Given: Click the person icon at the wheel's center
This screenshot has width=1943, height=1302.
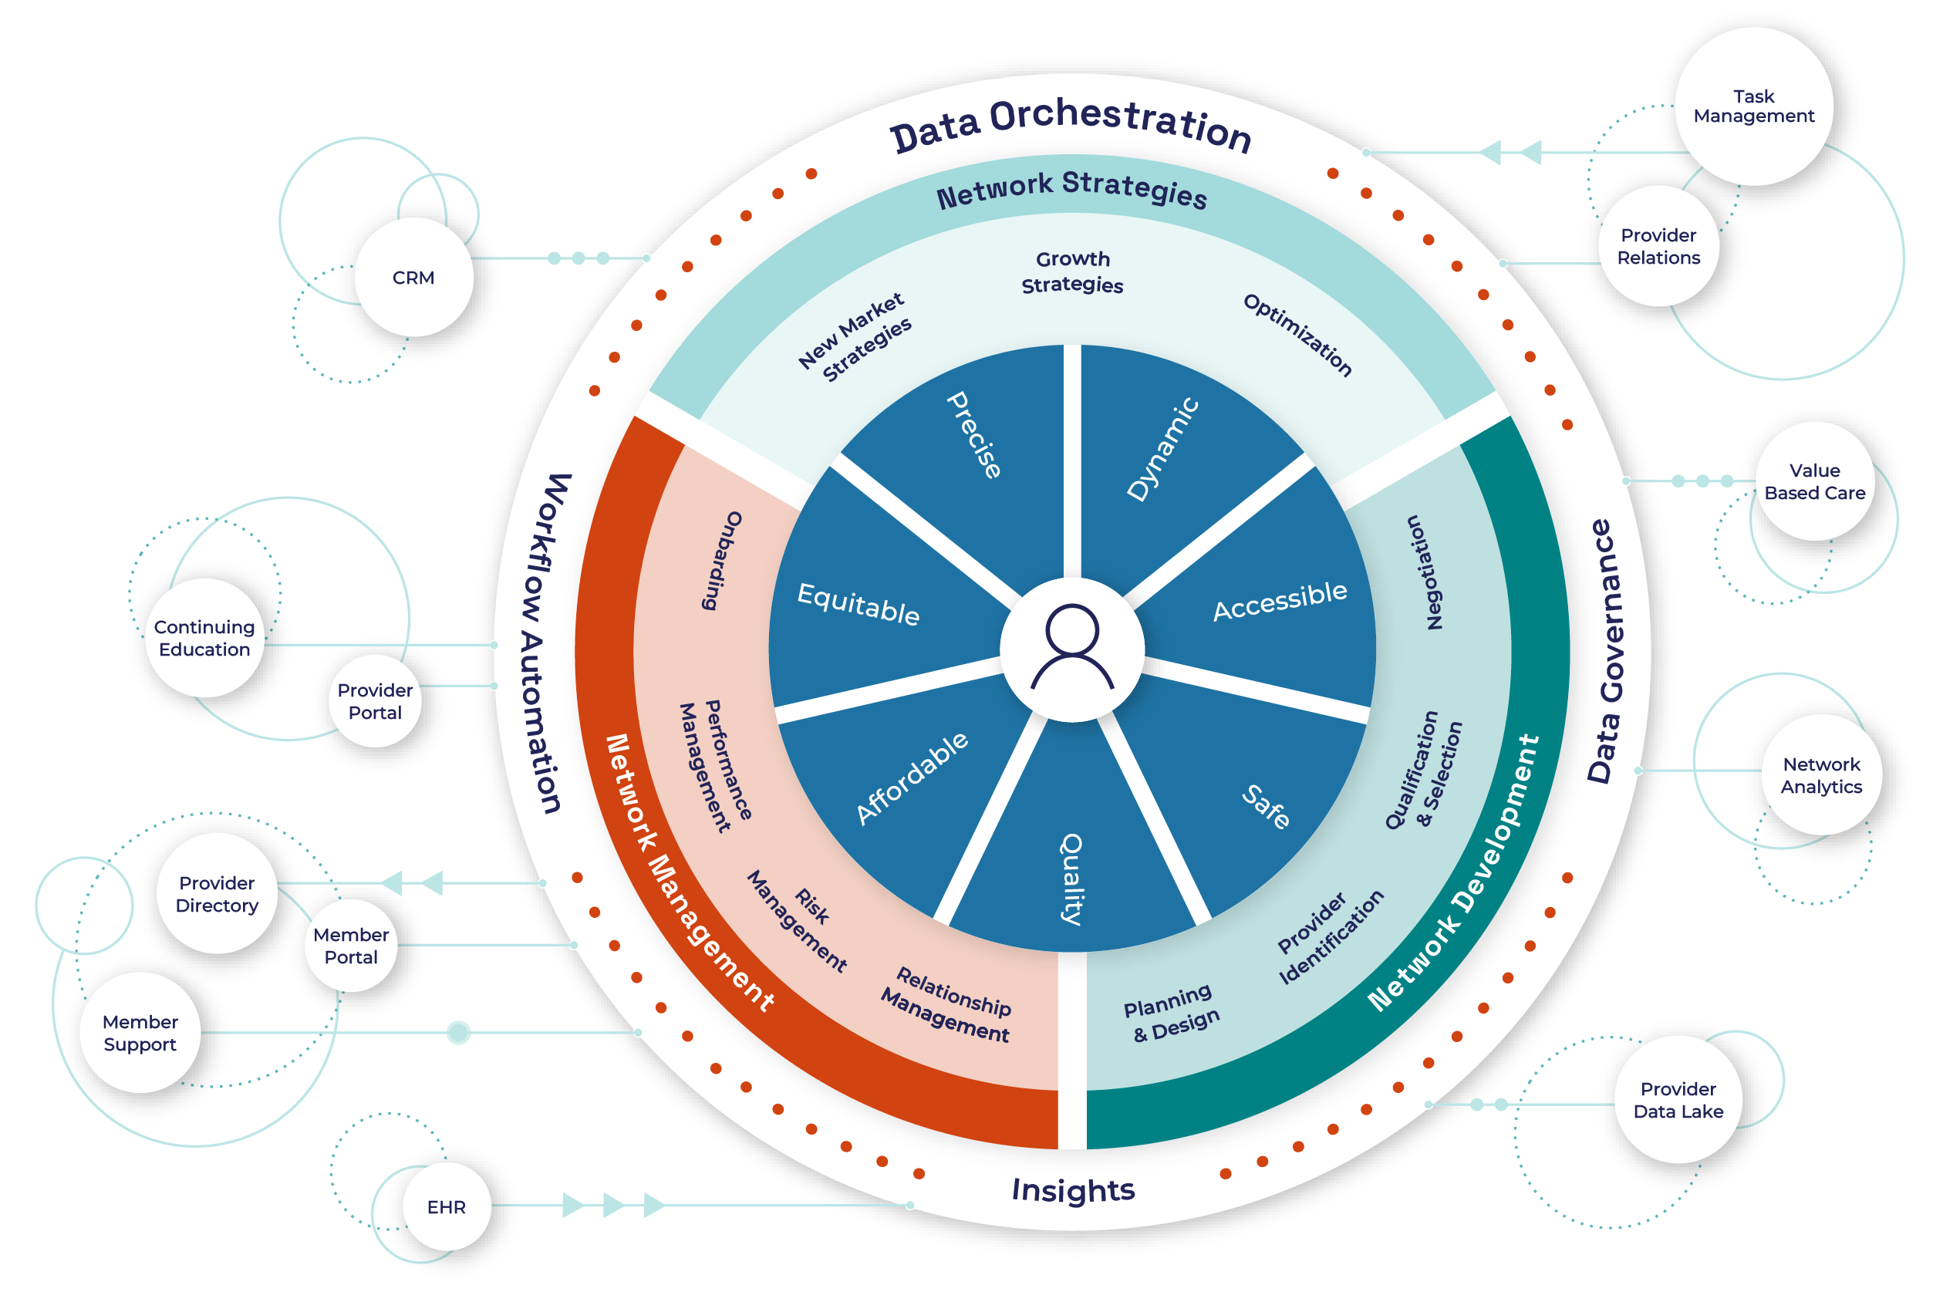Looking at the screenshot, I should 1072,649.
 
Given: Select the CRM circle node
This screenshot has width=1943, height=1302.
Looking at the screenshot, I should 413,278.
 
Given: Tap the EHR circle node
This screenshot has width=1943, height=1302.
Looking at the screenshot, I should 446,1206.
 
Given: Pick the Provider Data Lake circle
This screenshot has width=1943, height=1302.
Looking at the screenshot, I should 1678,1099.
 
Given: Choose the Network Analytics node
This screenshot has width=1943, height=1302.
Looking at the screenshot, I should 1821,774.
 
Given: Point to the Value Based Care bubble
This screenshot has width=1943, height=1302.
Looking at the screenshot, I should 1814,481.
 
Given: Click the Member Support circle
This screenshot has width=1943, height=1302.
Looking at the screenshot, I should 140,1032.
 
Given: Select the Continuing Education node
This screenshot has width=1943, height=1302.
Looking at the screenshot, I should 204,638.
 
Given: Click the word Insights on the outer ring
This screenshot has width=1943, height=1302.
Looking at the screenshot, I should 1072,1190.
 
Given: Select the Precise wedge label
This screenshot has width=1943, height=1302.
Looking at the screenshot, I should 974,434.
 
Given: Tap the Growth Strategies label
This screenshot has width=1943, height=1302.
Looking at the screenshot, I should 1072,272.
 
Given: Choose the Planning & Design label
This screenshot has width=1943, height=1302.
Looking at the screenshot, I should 1172,1013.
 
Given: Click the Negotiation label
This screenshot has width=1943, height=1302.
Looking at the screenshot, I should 1425,572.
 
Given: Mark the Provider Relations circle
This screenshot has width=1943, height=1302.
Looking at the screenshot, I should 1658,247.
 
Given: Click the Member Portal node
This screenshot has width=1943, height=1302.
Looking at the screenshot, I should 350,946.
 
